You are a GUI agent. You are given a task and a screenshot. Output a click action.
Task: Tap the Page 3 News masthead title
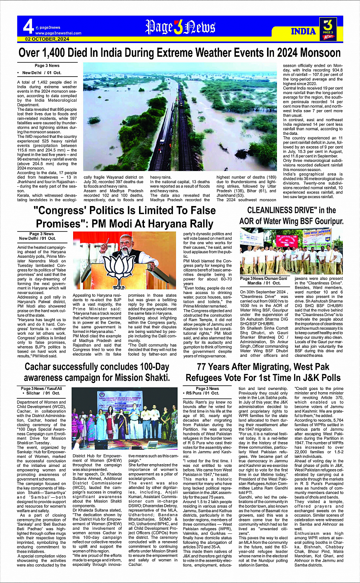coord(180,27)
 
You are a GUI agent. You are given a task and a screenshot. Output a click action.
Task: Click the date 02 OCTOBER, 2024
coord(47,39)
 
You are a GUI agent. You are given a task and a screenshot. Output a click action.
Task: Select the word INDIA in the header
coord(303,31)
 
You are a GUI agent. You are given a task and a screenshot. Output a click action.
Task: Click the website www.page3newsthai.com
coord(58,33)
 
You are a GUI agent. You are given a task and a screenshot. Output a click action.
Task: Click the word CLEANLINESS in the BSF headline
coord(276,210)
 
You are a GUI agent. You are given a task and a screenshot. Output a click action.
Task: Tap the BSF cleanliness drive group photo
coord(291,251)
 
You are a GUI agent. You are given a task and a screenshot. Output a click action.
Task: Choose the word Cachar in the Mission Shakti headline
coord(39,367)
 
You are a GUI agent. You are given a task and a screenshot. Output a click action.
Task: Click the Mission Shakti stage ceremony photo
coord(124,419)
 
